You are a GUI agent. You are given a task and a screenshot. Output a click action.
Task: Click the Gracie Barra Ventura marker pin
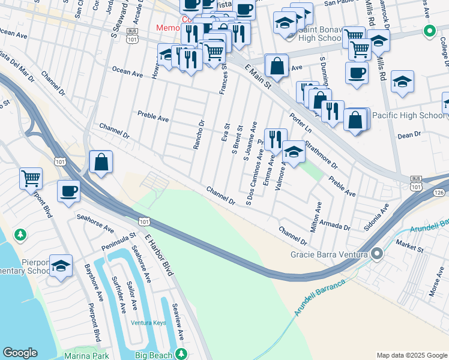[377, 254]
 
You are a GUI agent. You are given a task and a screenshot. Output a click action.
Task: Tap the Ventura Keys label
[148, 323]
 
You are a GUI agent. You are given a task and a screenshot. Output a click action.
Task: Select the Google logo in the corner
[20, 353]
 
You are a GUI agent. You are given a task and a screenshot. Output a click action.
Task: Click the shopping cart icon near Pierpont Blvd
[31, 178]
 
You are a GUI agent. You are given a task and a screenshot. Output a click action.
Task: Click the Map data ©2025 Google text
[411, 355]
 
